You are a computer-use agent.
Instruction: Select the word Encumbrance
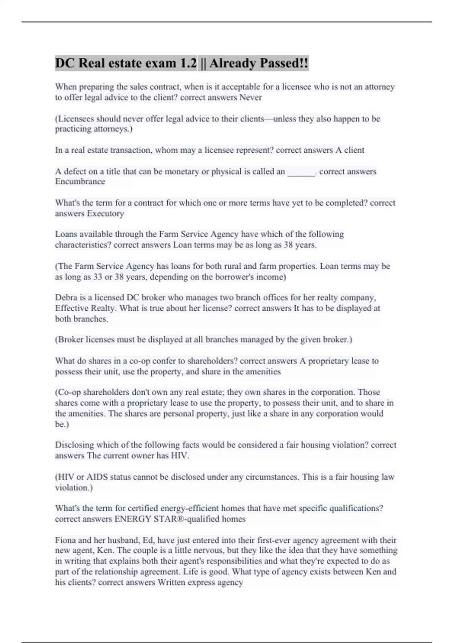coord(80,182)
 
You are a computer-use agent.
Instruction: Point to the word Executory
coord(105,213)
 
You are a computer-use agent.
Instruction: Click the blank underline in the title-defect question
coord(301,172)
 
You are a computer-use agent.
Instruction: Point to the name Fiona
coord(65,540)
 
